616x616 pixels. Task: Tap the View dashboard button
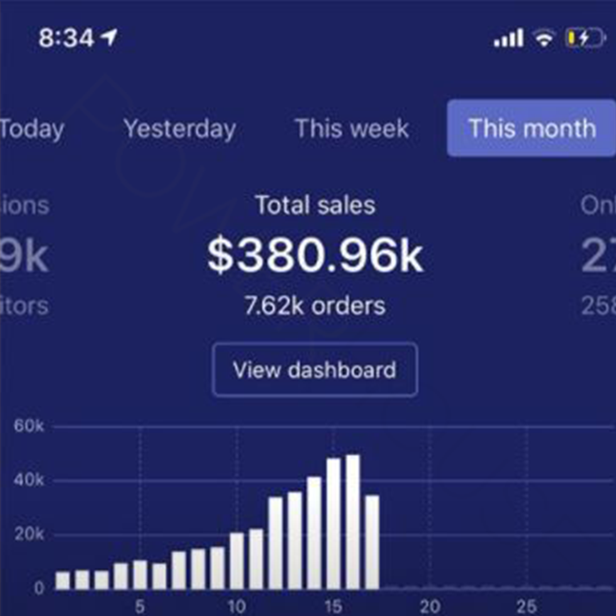point(314,370)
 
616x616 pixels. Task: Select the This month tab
point(532,128)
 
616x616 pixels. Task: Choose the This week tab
point(352,129)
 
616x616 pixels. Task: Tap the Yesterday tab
point(180,129)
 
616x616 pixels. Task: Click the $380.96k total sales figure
point(315,255)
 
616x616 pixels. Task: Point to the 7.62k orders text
point(315,306)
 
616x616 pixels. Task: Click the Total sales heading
point(315,205)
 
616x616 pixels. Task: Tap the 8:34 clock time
point(66,38)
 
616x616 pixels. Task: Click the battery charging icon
point(585,38)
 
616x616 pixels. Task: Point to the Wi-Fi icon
point(545,38)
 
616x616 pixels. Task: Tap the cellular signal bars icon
point(508,38)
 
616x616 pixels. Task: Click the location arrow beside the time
point(108,38)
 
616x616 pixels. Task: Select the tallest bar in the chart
point(353,522)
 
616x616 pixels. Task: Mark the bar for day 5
point(140,574)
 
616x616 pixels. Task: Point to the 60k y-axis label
point(29,426)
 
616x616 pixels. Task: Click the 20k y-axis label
point(29,534)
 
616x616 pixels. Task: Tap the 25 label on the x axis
point(526,606)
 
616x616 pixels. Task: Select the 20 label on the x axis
point(429,606)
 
